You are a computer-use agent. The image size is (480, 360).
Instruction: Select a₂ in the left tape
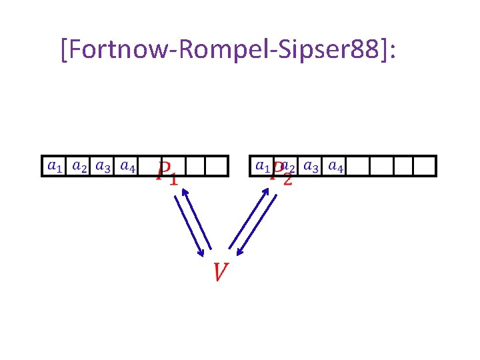(79, 165)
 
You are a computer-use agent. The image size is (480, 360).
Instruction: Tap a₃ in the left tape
(103, 165)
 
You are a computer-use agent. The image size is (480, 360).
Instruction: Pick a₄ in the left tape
(127, 165)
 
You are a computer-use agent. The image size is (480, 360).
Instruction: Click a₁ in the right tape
(263, 165)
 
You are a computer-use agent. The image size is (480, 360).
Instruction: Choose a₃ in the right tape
(310, 165)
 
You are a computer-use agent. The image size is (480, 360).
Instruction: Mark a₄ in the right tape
(335, 165)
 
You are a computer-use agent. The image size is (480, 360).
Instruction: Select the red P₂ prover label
(281, 175)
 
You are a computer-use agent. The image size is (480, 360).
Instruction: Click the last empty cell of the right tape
(424, 165)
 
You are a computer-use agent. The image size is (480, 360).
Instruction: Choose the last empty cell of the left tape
(217, 165)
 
